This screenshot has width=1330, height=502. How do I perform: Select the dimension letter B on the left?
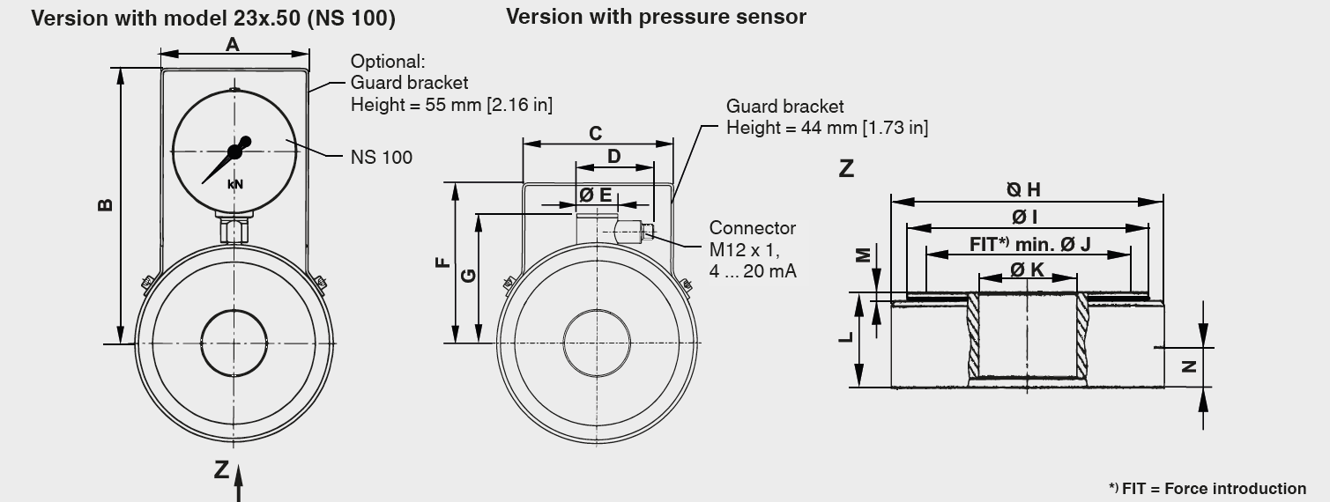point(105,204)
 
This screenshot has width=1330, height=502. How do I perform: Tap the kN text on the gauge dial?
point(234,184)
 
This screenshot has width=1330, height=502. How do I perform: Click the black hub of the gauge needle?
point(235,151)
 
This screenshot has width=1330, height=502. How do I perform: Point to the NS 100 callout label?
point(381,157)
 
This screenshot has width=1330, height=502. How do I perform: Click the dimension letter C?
point(596,134)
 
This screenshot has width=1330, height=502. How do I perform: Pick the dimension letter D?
point(614,157)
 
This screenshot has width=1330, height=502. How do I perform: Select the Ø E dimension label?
point(595,196)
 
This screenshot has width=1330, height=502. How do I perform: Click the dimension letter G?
point(469,276)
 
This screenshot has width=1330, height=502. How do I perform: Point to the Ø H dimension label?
point(1024,189)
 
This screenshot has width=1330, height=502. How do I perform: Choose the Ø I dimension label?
point(1024,217)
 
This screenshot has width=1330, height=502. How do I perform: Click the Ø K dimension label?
point(1027,270)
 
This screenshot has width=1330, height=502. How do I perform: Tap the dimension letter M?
point(864,255)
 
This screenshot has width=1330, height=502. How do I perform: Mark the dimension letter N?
point(1189,366)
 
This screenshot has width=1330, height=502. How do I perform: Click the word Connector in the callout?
point(752,228)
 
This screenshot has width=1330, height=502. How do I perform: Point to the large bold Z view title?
point(847,166)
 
